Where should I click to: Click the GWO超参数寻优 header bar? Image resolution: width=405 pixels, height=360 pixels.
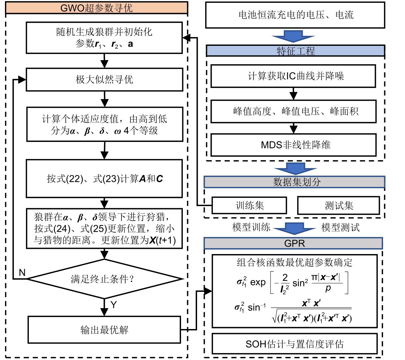click(96, 8)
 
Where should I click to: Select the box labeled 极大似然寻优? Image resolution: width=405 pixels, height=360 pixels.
click(104, 80)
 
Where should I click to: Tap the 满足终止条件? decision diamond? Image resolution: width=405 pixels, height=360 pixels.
click(104, 279)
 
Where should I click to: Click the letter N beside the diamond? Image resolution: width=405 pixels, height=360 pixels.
click(22, 273)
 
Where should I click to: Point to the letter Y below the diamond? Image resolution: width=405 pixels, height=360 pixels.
click(114, 305)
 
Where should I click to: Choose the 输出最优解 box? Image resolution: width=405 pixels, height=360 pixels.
click(104, 330)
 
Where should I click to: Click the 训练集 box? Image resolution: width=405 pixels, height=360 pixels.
click(249, 205)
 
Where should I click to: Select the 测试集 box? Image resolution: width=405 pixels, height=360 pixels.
click(338, 205)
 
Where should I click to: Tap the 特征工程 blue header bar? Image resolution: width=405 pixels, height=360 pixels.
click(295, 51)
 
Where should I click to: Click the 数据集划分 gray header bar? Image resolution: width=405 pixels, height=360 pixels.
click(294, 182)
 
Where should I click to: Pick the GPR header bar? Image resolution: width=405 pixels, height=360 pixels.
click(293, 244)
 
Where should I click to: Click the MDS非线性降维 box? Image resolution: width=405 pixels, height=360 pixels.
click(293, 145)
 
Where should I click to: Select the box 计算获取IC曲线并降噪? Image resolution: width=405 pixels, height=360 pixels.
click(293, 76)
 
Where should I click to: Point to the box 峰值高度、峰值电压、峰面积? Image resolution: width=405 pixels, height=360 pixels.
click(293, 111)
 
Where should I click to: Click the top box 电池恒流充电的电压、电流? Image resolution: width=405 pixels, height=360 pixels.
click(295, 15)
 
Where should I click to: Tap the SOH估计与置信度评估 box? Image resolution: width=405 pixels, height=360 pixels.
click(294, 344)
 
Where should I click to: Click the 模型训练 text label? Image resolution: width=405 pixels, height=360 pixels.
click(251, 227)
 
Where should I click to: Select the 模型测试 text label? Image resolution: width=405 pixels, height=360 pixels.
click(340, 227)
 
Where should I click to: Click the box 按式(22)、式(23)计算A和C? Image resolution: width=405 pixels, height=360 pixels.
click(104, 178)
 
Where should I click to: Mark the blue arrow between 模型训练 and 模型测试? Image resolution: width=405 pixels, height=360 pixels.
click(294, 228)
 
